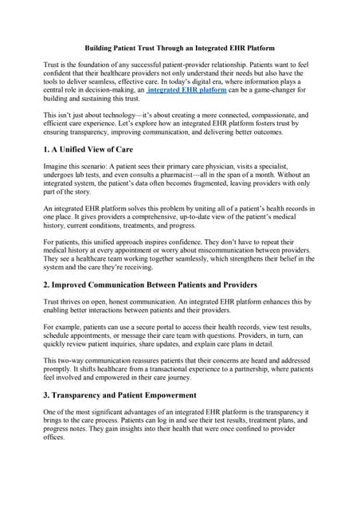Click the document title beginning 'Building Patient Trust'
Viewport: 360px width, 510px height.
(x=180, y=47)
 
